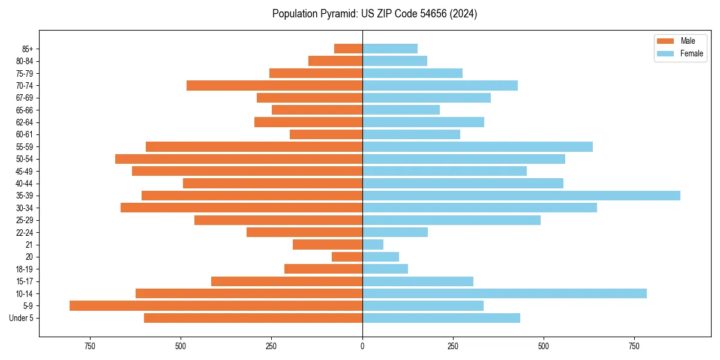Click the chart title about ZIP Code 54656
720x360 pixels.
[374, 14]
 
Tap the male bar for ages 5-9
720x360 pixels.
[216, 306]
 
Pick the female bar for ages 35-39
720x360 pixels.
[521, 196]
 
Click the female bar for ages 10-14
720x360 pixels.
[504, 293]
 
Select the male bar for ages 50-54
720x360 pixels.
[239, 159]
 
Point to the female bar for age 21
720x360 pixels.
[373, 245]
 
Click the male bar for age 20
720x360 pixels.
[347, 257]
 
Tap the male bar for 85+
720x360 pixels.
[348, 49]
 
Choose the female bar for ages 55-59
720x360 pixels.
[477, 147]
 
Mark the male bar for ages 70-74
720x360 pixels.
[274, 85]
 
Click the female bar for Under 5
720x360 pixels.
[441, 318]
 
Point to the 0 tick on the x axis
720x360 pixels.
[362, 346]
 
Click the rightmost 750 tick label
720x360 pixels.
[634, 346]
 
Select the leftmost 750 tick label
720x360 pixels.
[90, 346]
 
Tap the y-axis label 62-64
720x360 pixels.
[25, 122]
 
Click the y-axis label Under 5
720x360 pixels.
[22, 318]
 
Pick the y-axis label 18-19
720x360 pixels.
[25, 269]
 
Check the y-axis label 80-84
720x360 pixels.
[25, 61]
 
